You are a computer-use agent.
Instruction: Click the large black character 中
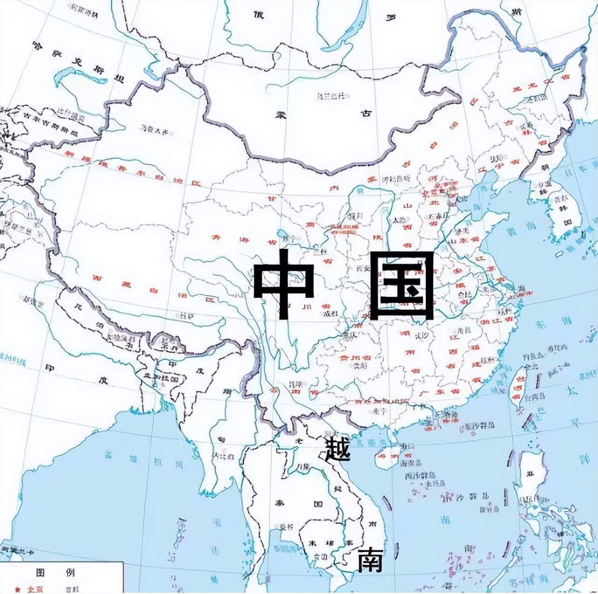284,283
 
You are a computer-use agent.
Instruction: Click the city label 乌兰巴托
330,96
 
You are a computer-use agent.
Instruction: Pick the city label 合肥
464,294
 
